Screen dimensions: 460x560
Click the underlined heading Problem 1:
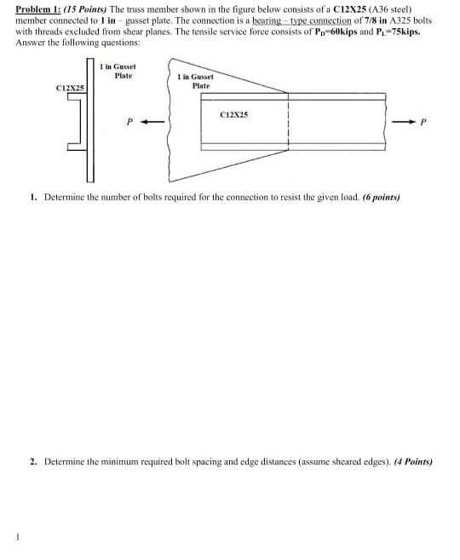[x=39, y=9]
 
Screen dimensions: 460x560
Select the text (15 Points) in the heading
[x=89, y=9]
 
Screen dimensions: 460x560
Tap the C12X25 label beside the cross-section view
[x=69, y=88]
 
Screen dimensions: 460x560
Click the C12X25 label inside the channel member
[x=233, y=113]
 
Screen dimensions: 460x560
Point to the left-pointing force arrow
[x=152, y=122]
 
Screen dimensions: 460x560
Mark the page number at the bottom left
[x=16, y=536]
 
